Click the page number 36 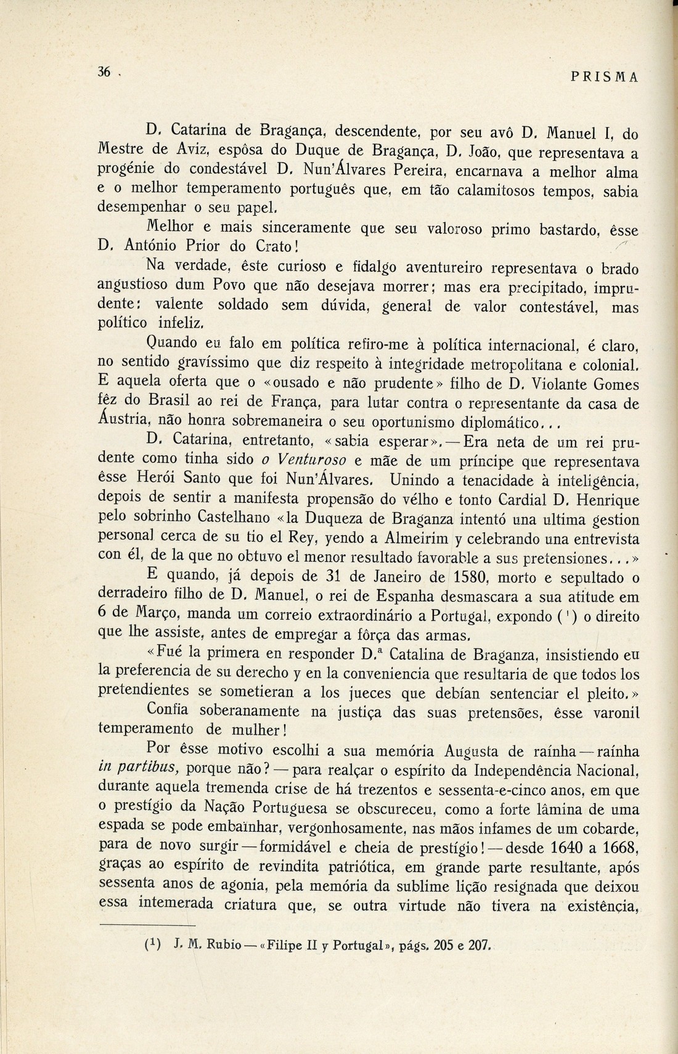coord(104,72)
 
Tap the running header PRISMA coord(604,77)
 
